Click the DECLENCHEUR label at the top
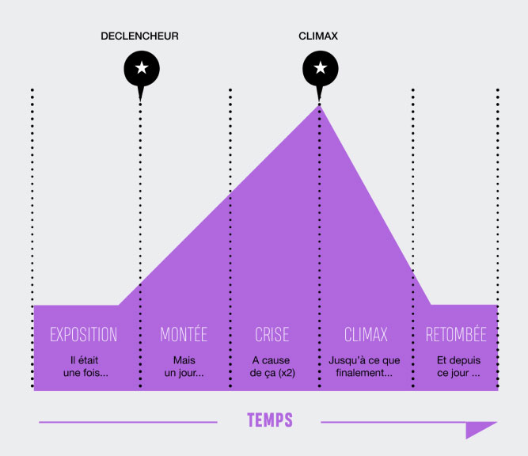[x=140, y=36]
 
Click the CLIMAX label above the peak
[x=319, y=36]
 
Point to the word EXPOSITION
[x=83, y=334]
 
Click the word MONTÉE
[x=184, y=334]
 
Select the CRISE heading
[x=272, y=334]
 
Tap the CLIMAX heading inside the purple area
[x=366, y=334]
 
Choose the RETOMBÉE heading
[x=456, y=334]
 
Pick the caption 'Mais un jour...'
[x=184, y=367]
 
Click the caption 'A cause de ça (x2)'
[x=272, y=367]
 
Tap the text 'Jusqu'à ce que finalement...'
[x=365, y=367]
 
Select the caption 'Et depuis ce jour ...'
[x=458, y=367]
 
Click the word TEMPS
[x=269, y=420]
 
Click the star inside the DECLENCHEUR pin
[x=141, y=69]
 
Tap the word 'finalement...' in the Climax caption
[x=365, y=373]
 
